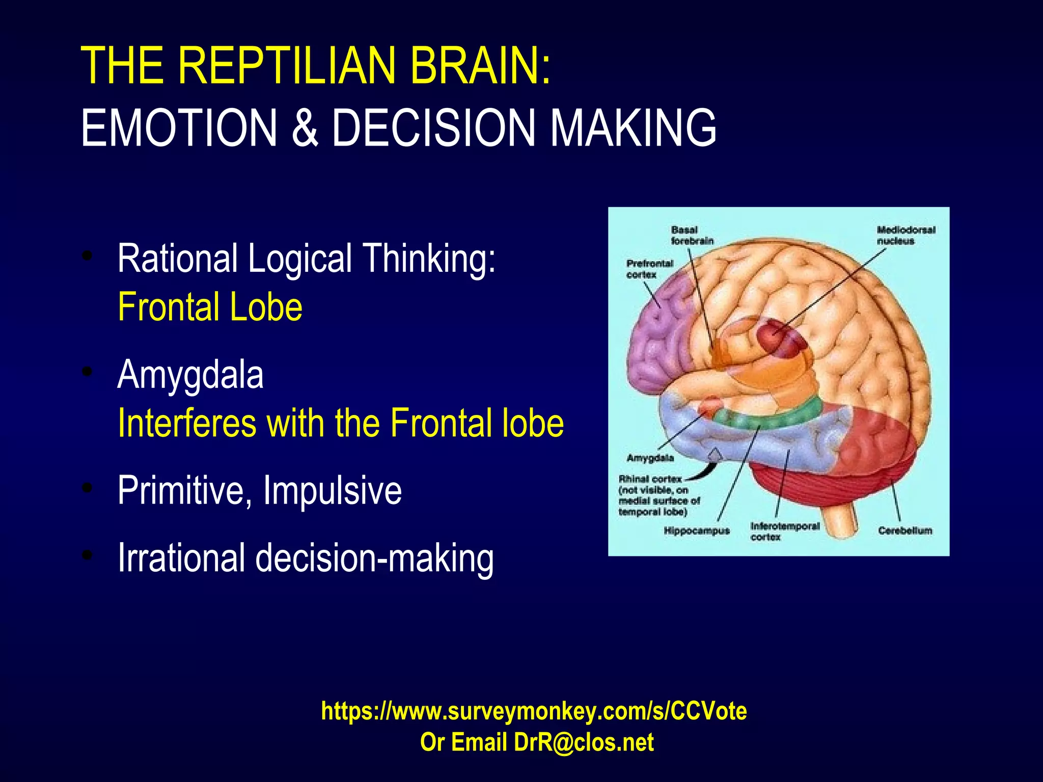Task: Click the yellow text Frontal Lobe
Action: [x=210, y=307]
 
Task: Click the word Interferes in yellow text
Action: [x=186, y=423]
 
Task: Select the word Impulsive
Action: [x=332, y=490]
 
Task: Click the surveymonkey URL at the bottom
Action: [x=534, y=711]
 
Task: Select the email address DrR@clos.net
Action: [x=584, y=742]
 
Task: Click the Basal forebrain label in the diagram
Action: [x=692, y=235]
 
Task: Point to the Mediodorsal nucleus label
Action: [x=905, y=235]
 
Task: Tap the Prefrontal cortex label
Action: [x=649, y=269]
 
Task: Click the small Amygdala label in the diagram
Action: [x=650, y=458]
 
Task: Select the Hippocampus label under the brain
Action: [x=696, y=531]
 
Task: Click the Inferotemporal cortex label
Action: [x=784, y=531]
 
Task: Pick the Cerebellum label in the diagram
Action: [x=904, y=531]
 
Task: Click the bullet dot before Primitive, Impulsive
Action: [x=88, y=488]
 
